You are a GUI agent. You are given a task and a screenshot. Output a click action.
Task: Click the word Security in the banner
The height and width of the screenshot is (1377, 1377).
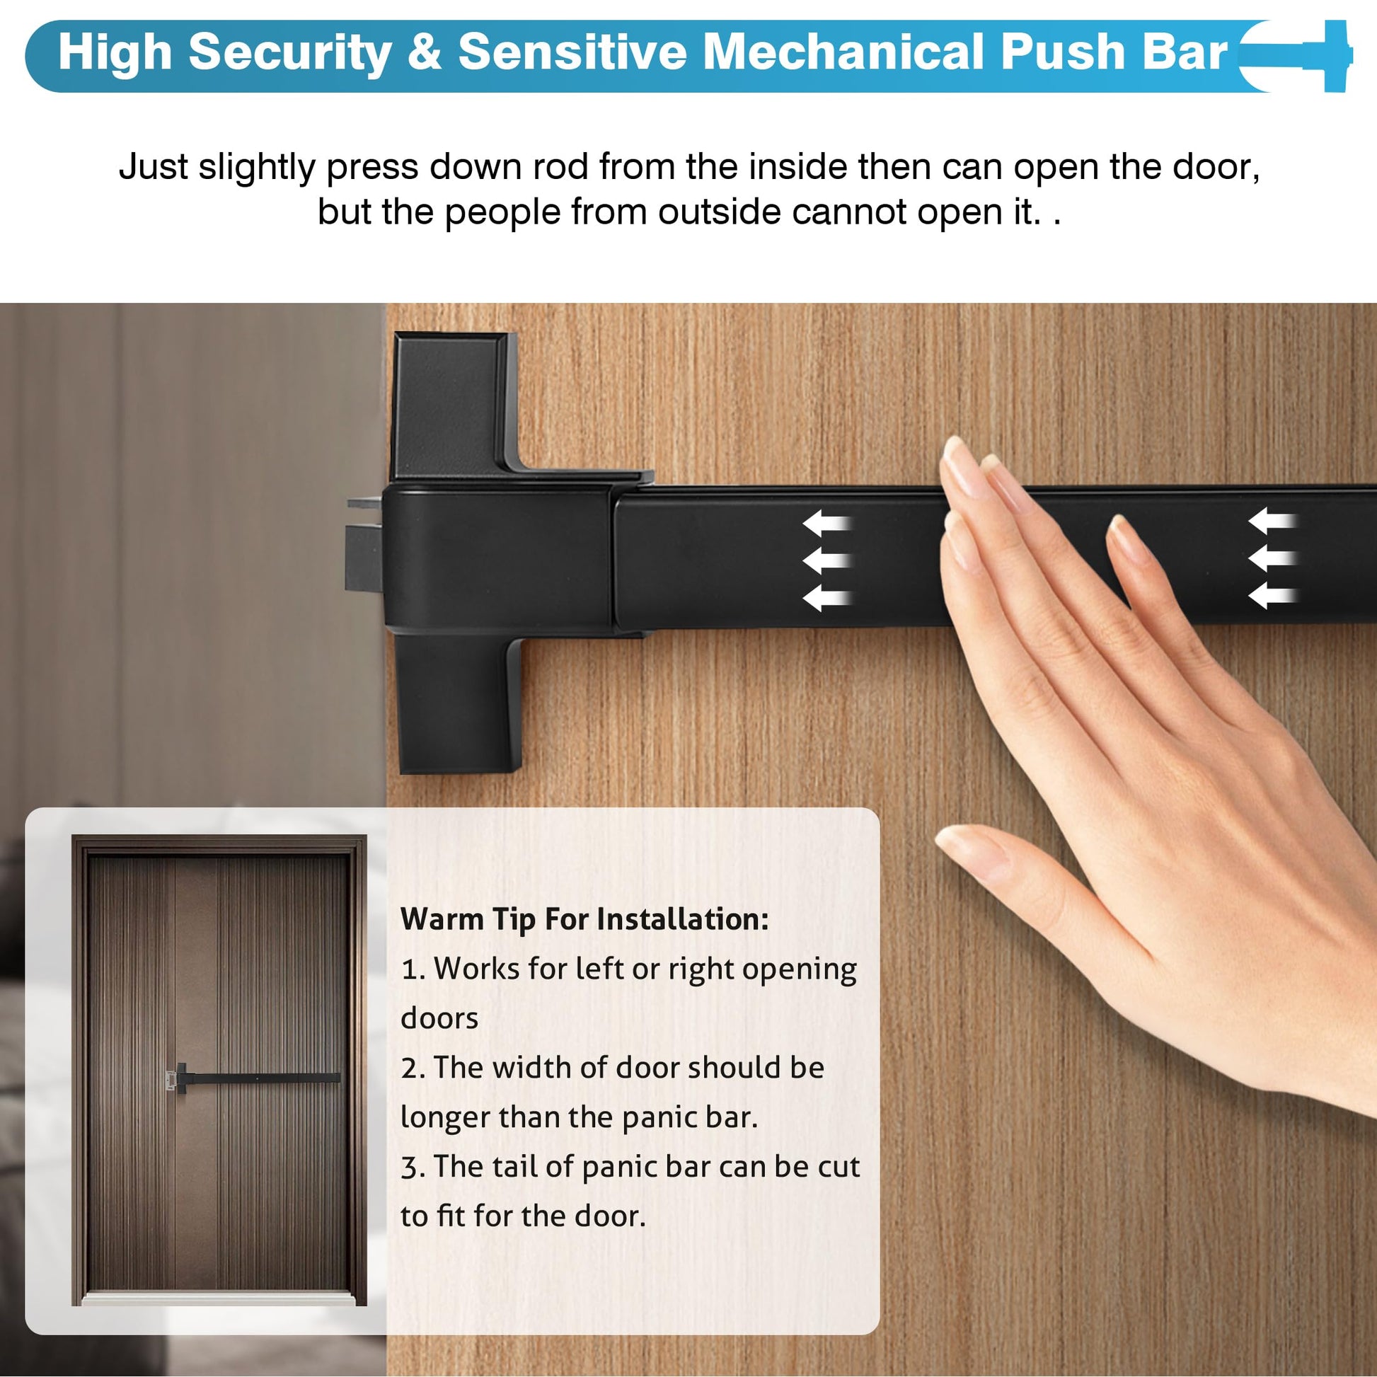pos(290,54)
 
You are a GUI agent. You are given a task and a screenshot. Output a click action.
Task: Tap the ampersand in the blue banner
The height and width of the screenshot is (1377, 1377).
pos(425,53)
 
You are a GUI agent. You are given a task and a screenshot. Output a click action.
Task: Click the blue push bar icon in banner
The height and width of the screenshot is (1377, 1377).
pos(1295,56)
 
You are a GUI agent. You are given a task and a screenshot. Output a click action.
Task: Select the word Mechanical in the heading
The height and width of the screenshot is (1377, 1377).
pos(843,53)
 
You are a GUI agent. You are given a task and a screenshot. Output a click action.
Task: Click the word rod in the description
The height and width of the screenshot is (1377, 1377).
pos(561,167)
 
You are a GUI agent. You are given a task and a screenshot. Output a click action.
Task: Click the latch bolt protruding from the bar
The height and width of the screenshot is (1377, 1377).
pos(364,559)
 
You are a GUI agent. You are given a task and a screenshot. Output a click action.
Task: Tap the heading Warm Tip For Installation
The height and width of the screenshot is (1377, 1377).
pos(584,919)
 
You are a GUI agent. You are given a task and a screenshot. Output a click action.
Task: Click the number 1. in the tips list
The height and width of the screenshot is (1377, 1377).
pos(413,969)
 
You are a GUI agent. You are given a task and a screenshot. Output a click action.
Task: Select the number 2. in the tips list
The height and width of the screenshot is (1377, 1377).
pos(413,1068)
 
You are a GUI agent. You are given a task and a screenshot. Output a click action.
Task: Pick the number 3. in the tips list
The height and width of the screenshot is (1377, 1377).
pos(413,1167)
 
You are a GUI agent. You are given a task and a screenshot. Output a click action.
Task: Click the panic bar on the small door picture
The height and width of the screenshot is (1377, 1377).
pos(254,1077)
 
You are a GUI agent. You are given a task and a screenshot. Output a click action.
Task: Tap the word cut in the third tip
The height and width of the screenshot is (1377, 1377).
pos(838,1167)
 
